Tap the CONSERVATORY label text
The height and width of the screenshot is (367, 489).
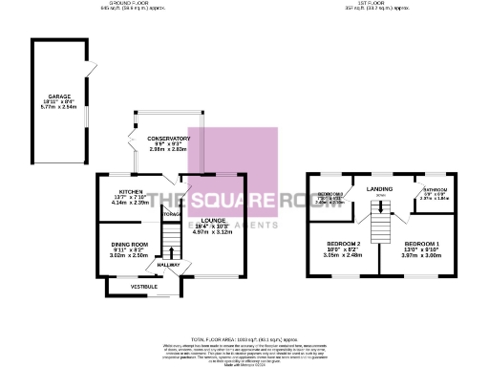[x=168, y=139]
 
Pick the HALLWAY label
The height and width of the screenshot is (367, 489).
[x=169, y=265]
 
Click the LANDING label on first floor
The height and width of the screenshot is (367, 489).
[x=380, y=188]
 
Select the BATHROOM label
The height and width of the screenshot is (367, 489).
[x=435, y=190]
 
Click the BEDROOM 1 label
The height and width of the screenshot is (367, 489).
[x=420, y=245]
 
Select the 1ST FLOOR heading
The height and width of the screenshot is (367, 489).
[x=374, y=5]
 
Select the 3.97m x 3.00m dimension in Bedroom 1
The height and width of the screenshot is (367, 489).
[x=420, y=256]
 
